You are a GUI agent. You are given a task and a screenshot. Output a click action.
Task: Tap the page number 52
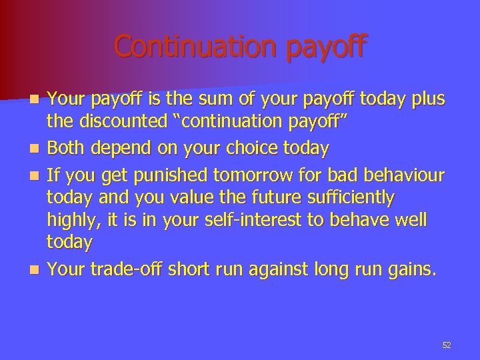click(x=447, y=345)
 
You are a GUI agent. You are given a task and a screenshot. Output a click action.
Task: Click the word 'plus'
click(x=427, y=100)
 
